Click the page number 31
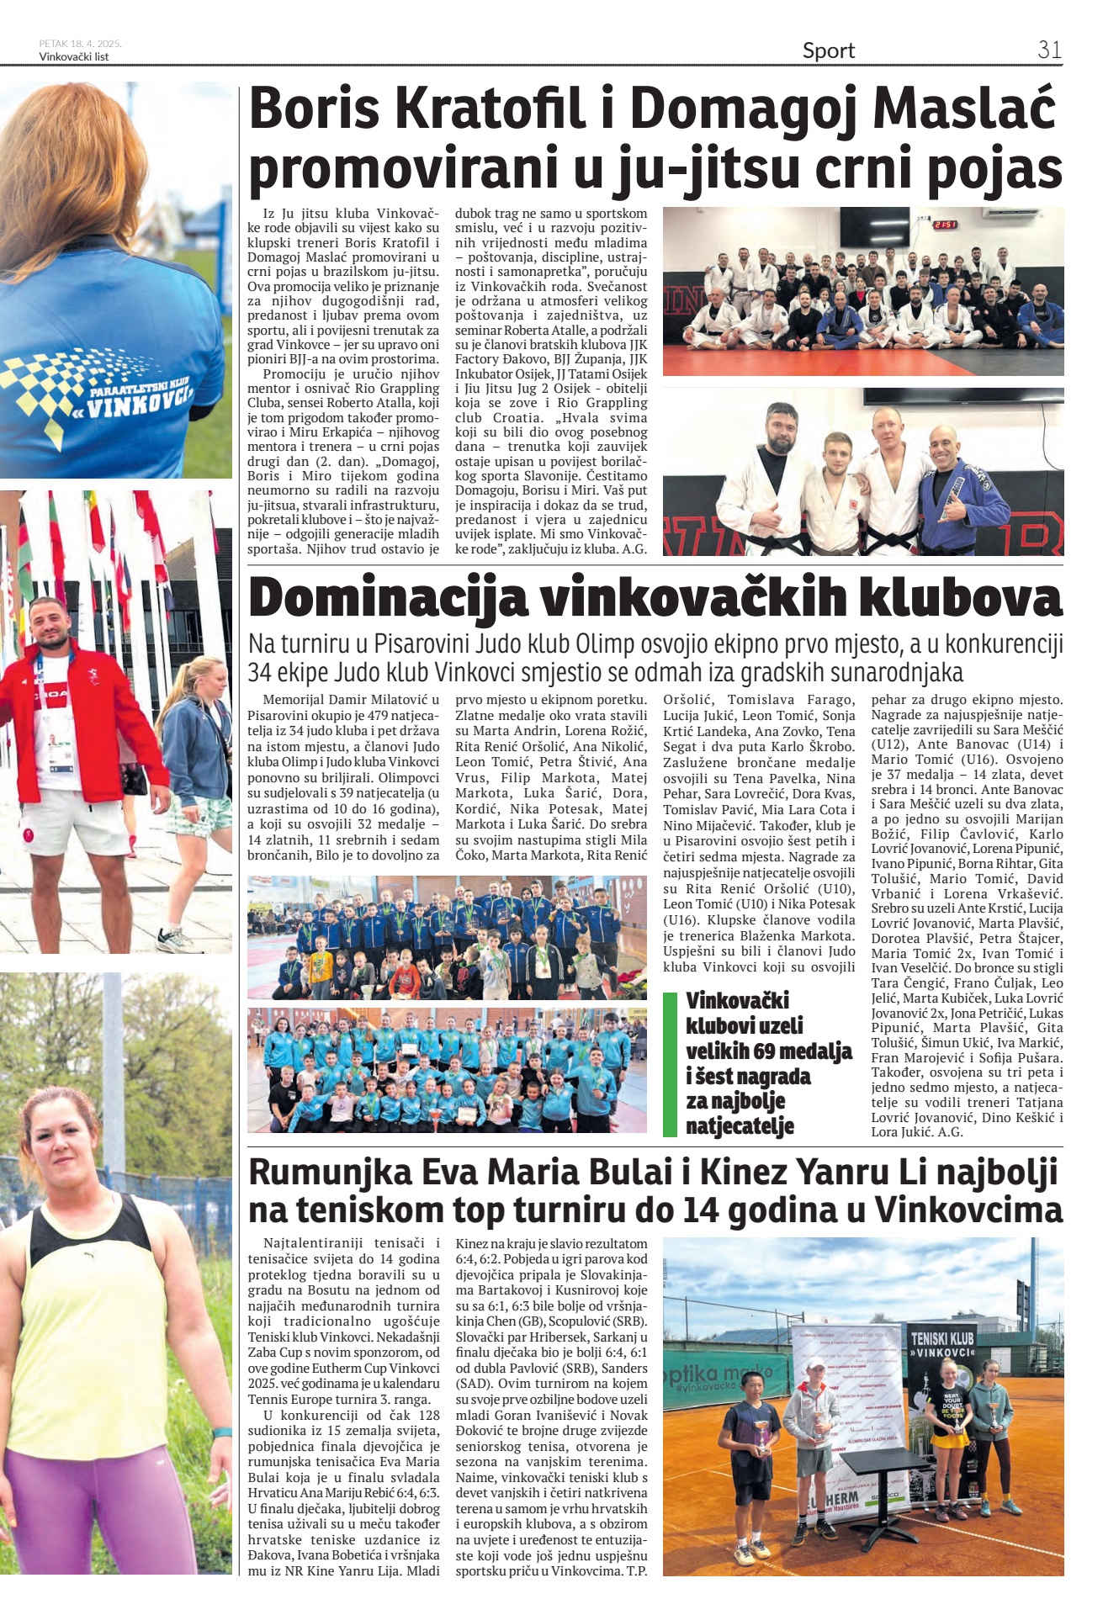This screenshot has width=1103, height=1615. (x=1049, y=50)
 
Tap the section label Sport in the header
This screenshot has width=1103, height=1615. (x=828, y=51)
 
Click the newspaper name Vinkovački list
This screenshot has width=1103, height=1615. (x=74, y=57)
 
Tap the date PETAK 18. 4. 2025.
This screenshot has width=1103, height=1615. (x=80, y=44)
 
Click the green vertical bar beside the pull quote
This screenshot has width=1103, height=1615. (x=670, y=1064)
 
